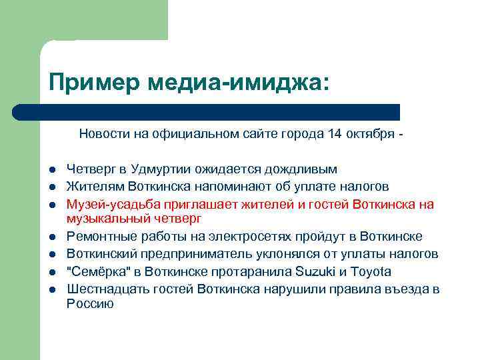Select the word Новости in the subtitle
(103, 134)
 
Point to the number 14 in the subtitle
(335, 134)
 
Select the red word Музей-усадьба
(105, 204)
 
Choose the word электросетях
(253, 237)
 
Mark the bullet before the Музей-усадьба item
(51, 204)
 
